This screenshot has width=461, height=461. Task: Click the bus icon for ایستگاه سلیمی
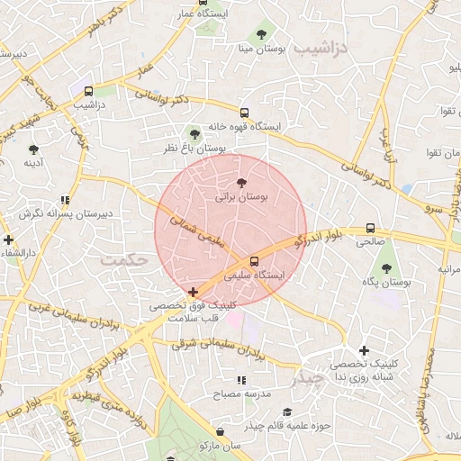tap(253, 261)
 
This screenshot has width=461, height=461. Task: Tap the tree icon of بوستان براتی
tap(239, 183)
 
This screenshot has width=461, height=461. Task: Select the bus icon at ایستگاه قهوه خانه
tap(244, 113)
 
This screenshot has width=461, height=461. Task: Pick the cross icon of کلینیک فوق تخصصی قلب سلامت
tap(194, 292)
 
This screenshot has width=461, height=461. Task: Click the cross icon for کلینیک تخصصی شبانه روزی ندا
tap(364, 350)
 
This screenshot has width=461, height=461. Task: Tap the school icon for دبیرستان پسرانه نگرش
tap(64, 200)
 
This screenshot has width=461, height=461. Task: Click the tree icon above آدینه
tap(34, 149)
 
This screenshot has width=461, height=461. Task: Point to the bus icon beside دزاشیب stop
tap(88, 91)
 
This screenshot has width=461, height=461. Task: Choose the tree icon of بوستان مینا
tap(261, 35)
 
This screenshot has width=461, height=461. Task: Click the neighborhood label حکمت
tap(124, 259)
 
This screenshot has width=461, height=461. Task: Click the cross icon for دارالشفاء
tap(9, 240)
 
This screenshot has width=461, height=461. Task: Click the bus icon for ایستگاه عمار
tap(203, 1)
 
